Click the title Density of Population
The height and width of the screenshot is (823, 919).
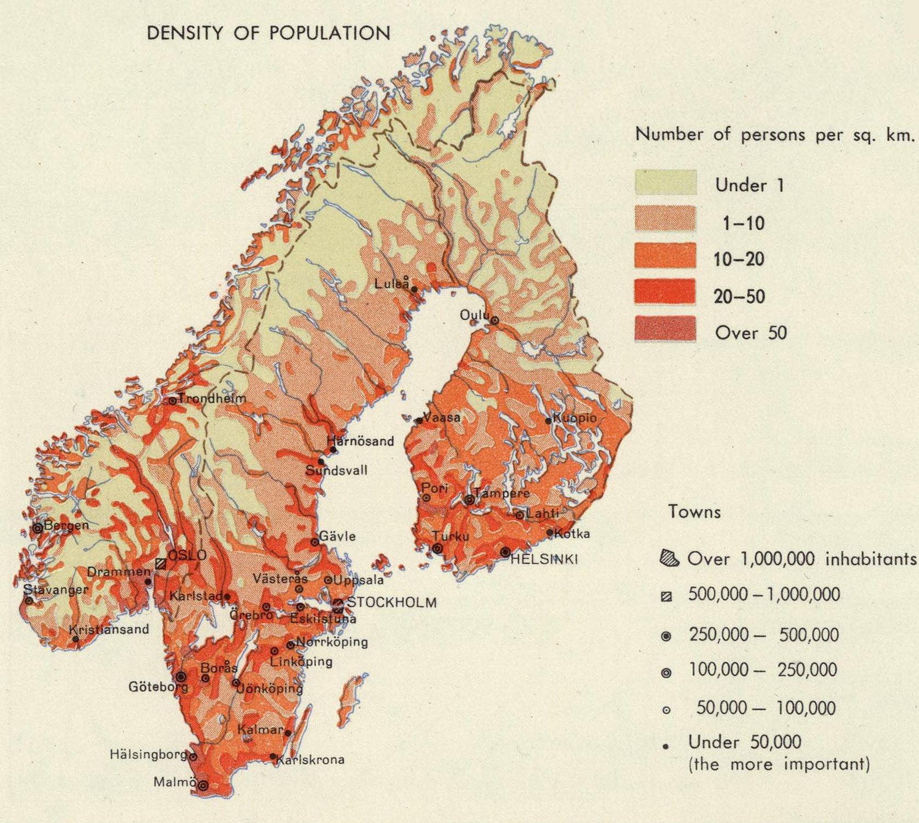click(269, 34)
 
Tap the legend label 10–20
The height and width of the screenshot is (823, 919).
click(739, 259)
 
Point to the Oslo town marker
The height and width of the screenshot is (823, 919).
click(160, 564)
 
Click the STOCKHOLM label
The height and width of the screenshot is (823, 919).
click(392, 602)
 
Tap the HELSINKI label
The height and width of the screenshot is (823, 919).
click(544, 560)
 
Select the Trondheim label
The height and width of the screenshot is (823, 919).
click(212, 398)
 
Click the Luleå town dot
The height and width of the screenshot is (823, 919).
click(414, 289)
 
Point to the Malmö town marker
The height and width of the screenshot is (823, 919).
click(203, 786)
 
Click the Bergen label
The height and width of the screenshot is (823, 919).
click(66, 525)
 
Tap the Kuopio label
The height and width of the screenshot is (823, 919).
click(575, 418)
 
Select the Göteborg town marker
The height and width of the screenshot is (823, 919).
click(181, 677)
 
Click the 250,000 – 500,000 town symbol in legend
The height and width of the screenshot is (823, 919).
click(666, 636)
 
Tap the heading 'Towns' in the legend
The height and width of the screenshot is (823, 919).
click(694, 512)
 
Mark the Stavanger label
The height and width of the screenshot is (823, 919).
click(55, 590)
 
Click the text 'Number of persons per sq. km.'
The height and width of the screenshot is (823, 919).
click(775, 135)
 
